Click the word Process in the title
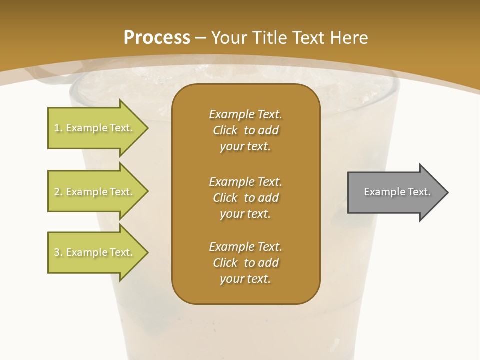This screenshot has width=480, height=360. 157,38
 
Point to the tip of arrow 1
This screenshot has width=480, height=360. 147,128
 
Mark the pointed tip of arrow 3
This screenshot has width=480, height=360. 147,252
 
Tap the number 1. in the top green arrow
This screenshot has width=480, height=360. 58,128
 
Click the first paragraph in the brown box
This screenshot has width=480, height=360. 246,130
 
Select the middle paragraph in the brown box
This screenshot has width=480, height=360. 246,197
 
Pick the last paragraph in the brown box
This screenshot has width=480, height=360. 246,263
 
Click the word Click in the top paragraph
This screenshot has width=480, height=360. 225,130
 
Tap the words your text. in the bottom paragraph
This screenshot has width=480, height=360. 245,279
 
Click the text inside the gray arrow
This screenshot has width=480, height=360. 397,192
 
